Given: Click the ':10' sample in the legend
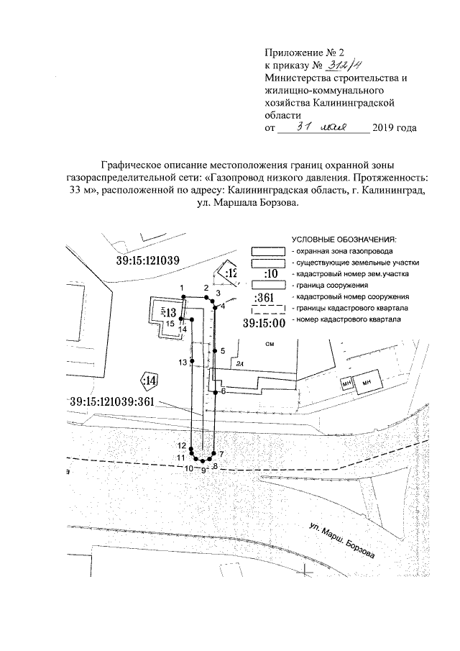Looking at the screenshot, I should [271, 274].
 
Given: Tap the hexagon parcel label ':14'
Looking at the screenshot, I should [150, 380].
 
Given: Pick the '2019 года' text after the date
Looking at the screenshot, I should [395, 128].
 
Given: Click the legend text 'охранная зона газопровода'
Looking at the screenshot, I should [343, 252].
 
